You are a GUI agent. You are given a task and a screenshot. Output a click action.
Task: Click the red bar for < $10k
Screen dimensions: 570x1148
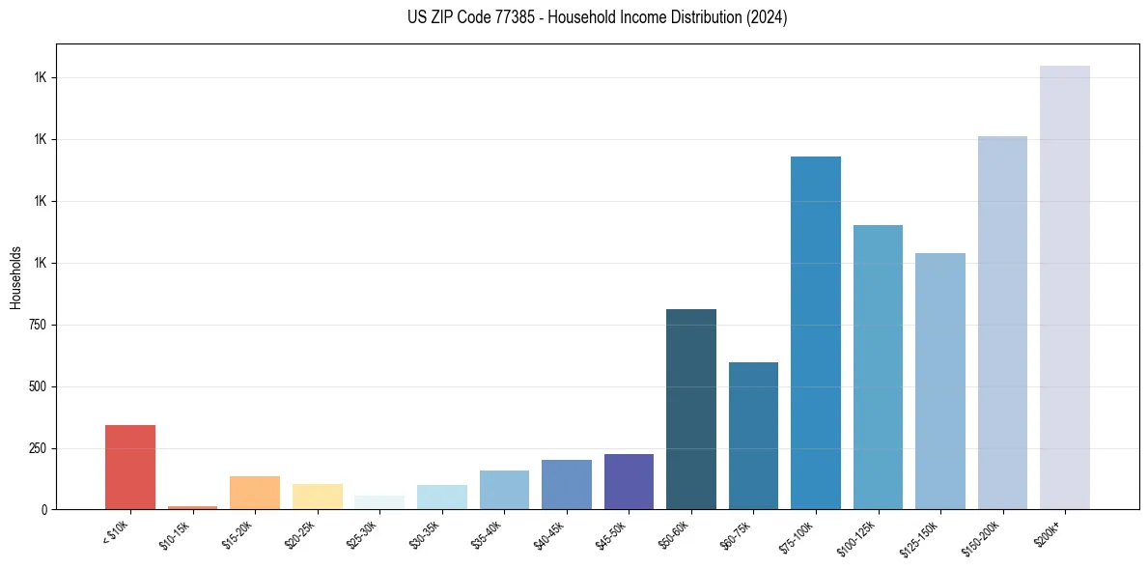(130, 468)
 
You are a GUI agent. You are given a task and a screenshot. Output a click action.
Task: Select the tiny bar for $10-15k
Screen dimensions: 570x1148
(192, 507)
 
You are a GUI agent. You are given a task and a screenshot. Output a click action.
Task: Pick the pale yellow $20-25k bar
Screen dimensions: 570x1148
(317, 497)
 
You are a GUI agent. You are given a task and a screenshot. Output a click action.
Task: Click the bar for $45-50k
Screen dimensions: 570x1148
(629, 481)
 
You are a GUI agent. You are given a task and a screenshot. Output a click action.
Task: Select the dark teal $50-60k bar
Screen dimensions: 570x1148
(691, 410)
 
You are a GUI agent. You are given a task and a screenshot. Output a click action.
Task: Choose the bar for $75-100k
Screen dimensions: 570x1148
(816, 333)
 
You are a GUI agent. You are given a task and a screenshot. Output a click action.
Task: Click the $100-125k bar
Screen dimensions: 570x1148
(878, 367)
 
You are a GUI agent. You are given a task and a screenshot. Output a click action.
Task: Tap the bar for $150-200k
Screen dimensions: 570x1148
(1002, 323)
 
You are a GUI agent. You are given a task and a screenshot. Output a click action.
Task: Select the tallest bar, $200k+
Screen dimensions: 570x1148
(1065, 288)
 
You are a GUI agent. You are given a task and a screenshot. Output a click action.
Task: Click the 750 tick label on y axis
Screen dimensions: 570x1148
(37, 325)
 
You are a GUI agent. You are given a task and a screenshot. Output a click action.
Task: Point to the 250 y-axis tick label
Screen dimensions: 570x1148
(37, 448)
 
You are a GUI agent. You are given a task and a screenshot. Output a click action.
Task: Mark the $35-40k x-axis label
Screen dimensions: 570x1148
(490, 533)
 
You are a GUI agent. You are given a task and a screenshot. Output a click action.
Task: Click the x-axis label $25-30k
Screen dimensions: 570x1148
(366, 533)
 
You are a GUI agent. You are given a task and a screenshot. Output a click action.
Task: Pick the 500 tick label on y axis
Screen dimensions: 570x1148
(37, 386)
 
